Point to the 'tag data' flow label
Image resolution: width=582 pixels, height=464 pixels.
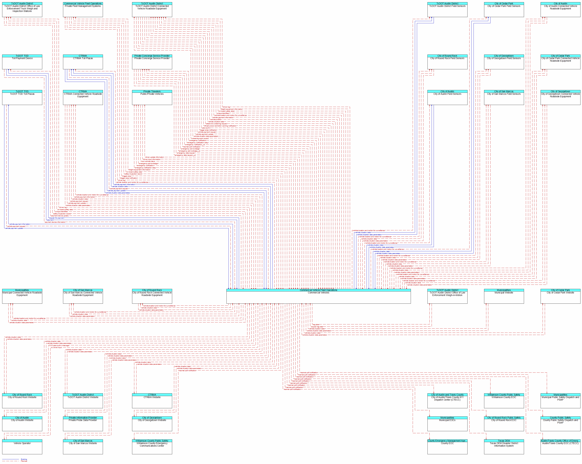point(316,325)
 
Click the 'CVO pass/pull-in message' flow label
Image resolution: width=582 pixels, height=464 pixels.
point(59,345)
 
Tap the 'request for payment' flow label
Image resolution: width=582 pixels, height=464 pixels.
point(56,218)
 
